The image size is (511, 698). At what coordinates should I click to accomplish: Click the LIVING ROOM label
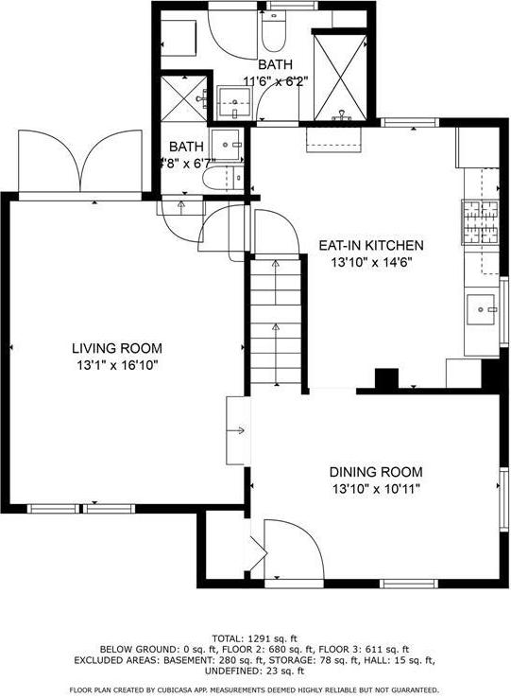[x=117, y=348]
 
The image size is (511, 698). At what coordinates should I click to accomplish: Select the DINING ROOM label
[x=375, y=472]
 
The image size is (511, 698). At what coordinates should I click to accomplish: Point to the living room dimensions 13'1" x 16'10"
[x=117, y=365]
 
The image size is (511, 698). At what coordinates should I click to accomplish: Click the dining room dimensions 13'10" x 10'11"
[x=375, y=489]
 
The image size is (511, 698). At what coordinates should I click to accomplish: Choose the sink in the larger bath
[x=230, y=101]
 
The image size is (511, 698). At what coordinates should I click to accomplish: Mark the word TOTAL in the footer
[x=232, y=637]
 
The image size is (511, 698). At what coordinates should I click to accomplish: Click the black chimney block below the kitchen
[x=386, y=378]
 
